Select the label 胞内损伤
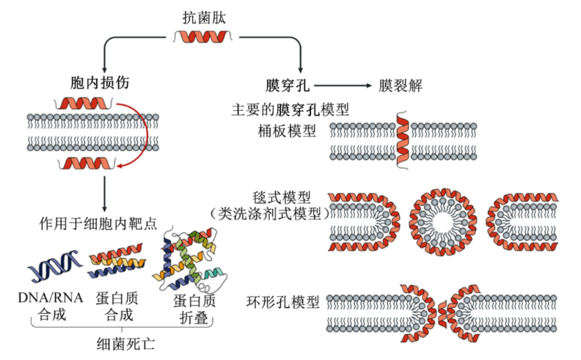pos(96,84)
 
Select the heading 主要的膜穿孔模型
pos(289,109)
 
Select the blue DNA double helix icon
pos(55,266)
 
